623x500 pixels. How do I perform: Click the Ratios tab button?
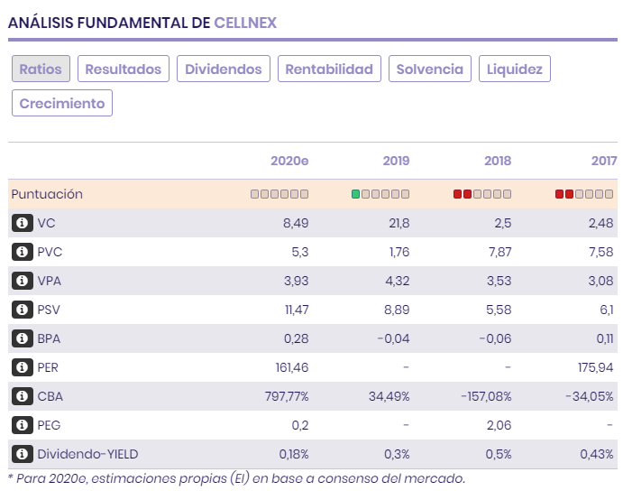tap(41, 69)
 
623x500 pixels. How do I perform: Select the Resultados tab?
tap(123, 69)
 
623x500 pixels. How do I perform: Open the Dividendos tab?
tap(224, 69)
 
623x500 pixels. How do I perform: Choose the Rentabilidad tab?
tap(329, 69)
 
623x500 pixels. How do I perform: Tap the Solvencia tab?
tap(430, 69)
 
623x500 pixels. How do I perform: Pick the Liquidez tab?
tap(515, 69)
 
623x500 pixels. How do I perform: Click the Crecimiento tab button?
tap(62, 103)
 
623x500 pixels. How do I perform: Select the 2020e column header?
tap(289, 161)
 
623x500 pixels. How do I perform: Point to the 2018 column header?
tap(498, 161)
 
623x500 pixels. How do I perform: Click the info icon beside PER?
tap(22, 367)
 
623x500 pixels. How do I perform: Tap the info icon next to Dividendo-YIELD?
tap(22, 454)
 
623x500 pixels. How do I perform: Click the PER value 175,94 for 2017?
tap(593, 367)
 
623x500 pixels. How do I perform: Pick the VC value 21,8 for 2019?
tap(398, 223)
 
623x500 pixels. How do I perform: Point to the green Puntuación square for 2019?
tap(355, 194)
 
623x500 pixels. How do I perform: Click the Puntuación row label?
tap(47, 194)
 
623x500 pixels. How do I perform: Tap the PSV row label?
tap(50, 310)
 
